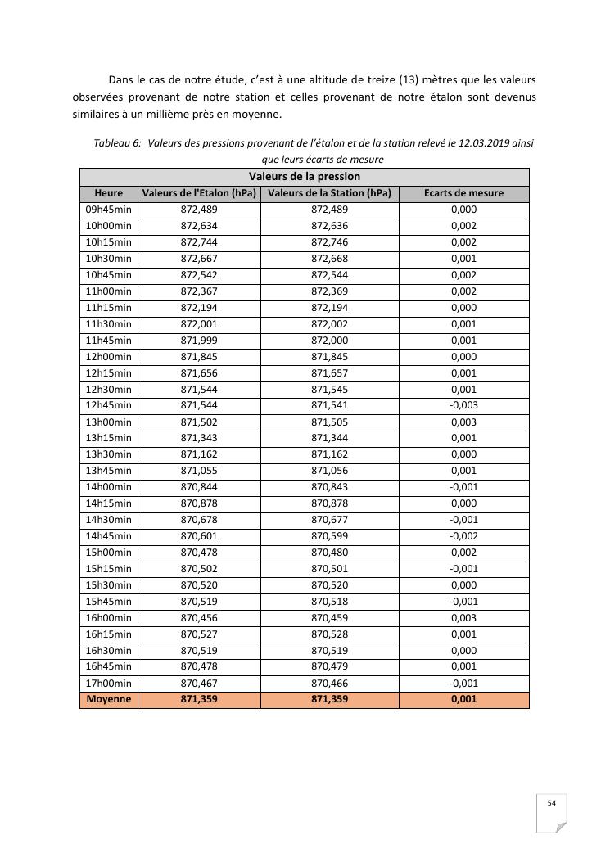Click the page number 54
click(x=552, y=803)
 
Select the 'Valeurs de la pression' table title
click(x=305, y=176)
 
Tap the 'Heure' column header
click(x=109, y=193)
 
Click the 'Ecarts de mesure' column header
click(x=463, y=193)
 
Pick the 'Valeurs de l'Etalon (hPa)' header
click(x=199, y=193)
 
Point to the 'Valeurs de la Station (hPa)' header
click(x=329, y=193)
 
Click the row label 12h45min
click(x=109, y=405)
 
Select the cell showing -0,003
click(x=463, y=405)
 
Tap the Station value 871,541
click(x=329, y=405)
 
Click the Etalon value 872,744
click(x=199, y=242)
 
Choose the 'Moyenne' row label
click(x=109, y=699)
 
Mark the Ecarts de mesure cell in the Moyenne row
click(x=463, y=699)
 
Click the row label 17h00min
click(x=109, y=683)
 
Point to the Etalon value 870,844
click(x=199, y=486)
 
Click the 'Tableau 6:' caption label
click(x=117, y=142)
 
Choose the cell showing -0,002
click(x=463, y=535)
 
